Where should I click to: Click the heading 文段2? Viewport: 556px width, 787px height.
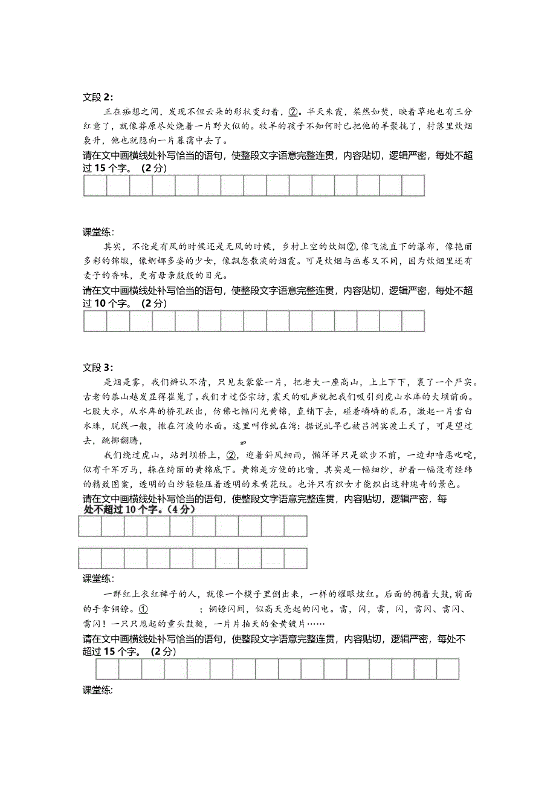pyautogui.click(x=97, y=97)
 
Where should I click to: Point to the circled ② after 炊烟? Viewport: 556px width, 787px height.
pyautogui.click(x=352, y=247)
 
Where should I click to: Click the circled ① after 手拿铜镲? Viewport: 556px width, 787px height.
pyautogui.click(x=143, y=609)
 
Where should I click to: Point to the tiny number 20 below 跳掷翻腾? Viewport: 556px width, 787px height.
pyautogui.click(x=244, y=443)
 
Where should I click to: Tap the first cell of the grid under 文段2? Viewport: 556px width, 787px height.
pyautogui.click(x=95, y=186)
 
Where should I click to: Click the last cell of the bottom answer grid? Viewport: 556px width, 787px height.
pyautogui.click(x=448, y=670)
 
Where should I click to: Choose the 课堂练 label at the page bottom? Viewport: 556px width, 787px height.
pyautogui.click(x=97, y=691)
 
